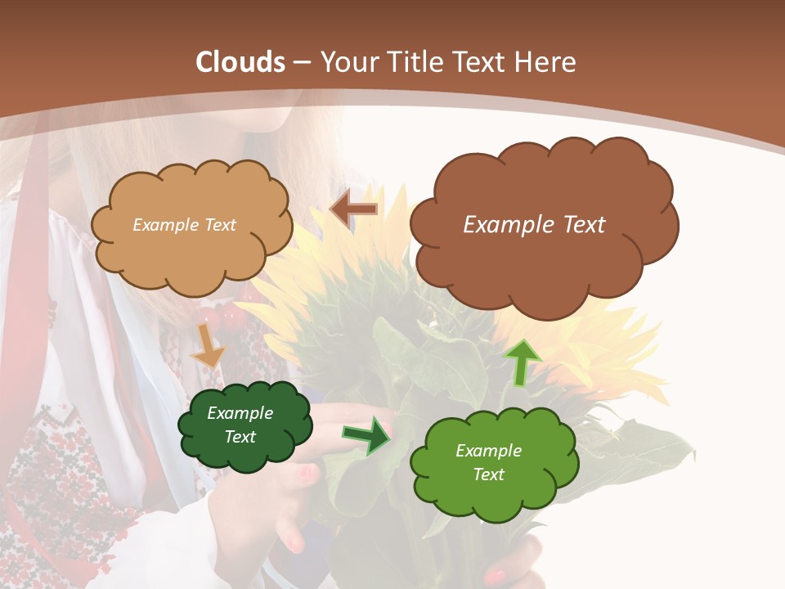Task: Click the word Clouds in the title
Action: (x=240, y=62)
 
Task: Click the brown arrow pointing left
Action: (x=354, y=209)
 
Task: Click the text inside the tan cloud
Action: (x=184, y=225)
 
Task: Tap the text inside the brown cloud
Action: (x=534, y=225)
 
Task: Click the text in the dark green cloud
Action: (x=240, y=425)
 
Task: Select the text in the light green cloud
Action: (x=488, y=462)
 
